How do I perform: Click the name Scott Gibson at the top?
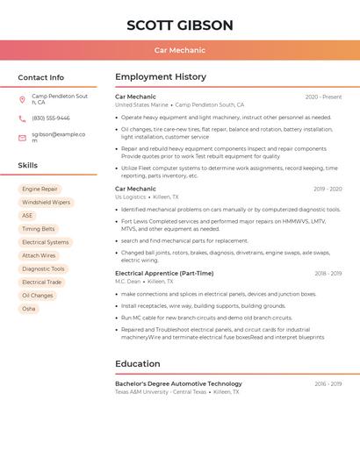[x=180, y=25]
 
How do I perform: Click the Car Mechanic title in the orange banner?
[x=180, y=50]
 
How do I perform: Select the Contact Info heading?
[x=40, y=77]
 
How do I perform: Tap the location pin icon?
[x=22, y=99]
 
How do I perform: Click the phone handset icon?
[x=22, y=118]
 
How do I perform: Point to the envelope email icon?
[x=22, y=138]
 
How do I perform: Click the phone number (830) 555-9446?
[x=51, y=118]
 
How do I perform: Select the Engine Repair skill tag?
[x=40, y=189]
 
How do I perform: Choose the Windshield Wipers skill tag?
[x=46, y=202]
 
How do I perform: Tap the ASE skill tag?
[x=27, y=216]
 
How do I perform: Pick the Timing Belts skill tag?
[x=38, y=229]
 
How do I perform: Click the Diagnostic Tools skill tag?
[x=43, y=269]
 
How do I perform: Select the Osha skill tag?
[x=29, y=309]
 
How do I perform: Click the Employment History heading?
[x=161, y=77]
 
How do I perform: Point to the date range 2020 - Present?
[x=323, y=97]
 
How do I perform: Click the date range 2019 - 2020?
[x=327, y=189]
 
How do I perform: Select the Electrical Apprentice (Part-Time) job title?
[x=164, y=273]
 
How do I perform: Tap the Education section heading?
[x=138, y=363]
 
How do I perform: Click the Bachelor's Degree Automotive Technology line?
[x=178, y=383]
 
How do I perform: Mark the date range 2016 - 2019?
[x=328, y=383]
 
